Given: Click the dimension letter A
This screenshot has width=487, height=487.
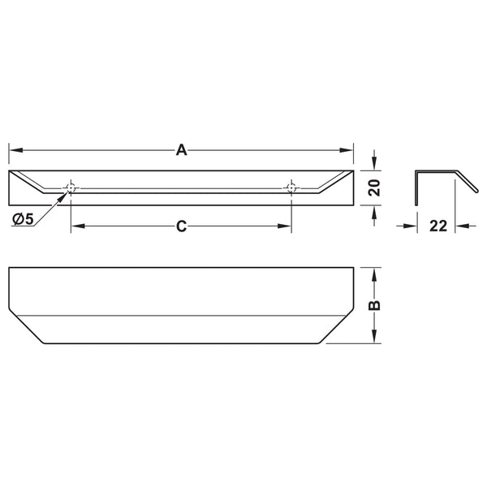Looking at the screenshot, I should click(182, 149).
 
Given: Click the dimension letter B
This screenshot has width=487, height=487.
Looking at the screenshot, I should click(374, 305).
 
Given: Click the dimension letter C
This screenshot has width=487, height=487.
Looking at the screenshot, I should click(182, 227).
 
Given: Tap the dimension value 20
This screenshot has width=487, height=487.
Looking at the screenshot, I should click(374, 187).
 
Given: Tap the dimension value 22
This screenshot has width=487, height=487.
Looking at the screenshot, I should click(438, 226).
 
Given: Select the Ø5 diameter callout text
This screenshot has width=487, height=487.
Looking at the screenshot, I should click(23, 220).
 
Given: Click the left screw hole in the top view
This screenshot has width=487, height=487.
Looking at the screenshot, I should click(71, 188).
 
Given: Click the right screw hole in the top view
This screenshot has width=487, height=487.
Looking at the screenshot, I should click(291, 188).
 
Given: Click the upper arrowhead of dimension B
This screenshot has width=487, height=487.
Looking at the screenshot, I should click(374, 273).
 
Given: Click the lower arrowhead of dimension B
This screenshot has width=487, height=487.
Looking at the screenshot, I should click(374, 338).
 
